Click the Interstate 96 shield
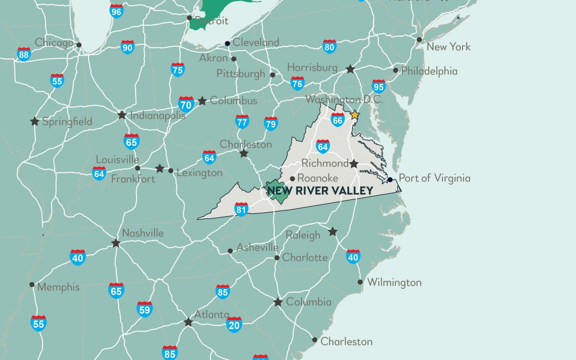click(x=116, y=11)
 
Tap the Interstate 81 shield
click(x=241, y=209)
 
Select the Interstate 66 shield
click(x=338, y=120)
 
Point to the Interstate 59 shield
click(x=144, y=309)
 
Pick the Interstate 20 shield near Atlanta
click(x=234, y=325)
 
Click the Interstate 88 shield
click(x=24, y=54)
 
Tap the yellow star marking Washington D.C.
click(x=355, y=114)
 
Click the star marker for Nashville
click(x=116, y=243)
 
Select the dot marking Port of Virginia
click(x=390, y=179)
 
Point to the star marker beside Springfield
click(x=35, y=121)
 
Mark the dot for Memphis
click(x=32, y=285)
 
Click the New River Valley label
click(x=320, y=190)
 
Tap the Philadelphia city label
click(x=429, y=71)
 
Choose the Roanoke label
click(x=318, y=178)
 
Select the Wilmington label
click(x=394, y=282)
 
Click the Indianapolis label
click(x=158, y=115)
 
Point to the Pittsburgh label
click(x=241, y=73)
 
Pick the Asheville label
click(x=257, y=247)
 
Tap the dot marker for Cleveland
click(x=227, y=43)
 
